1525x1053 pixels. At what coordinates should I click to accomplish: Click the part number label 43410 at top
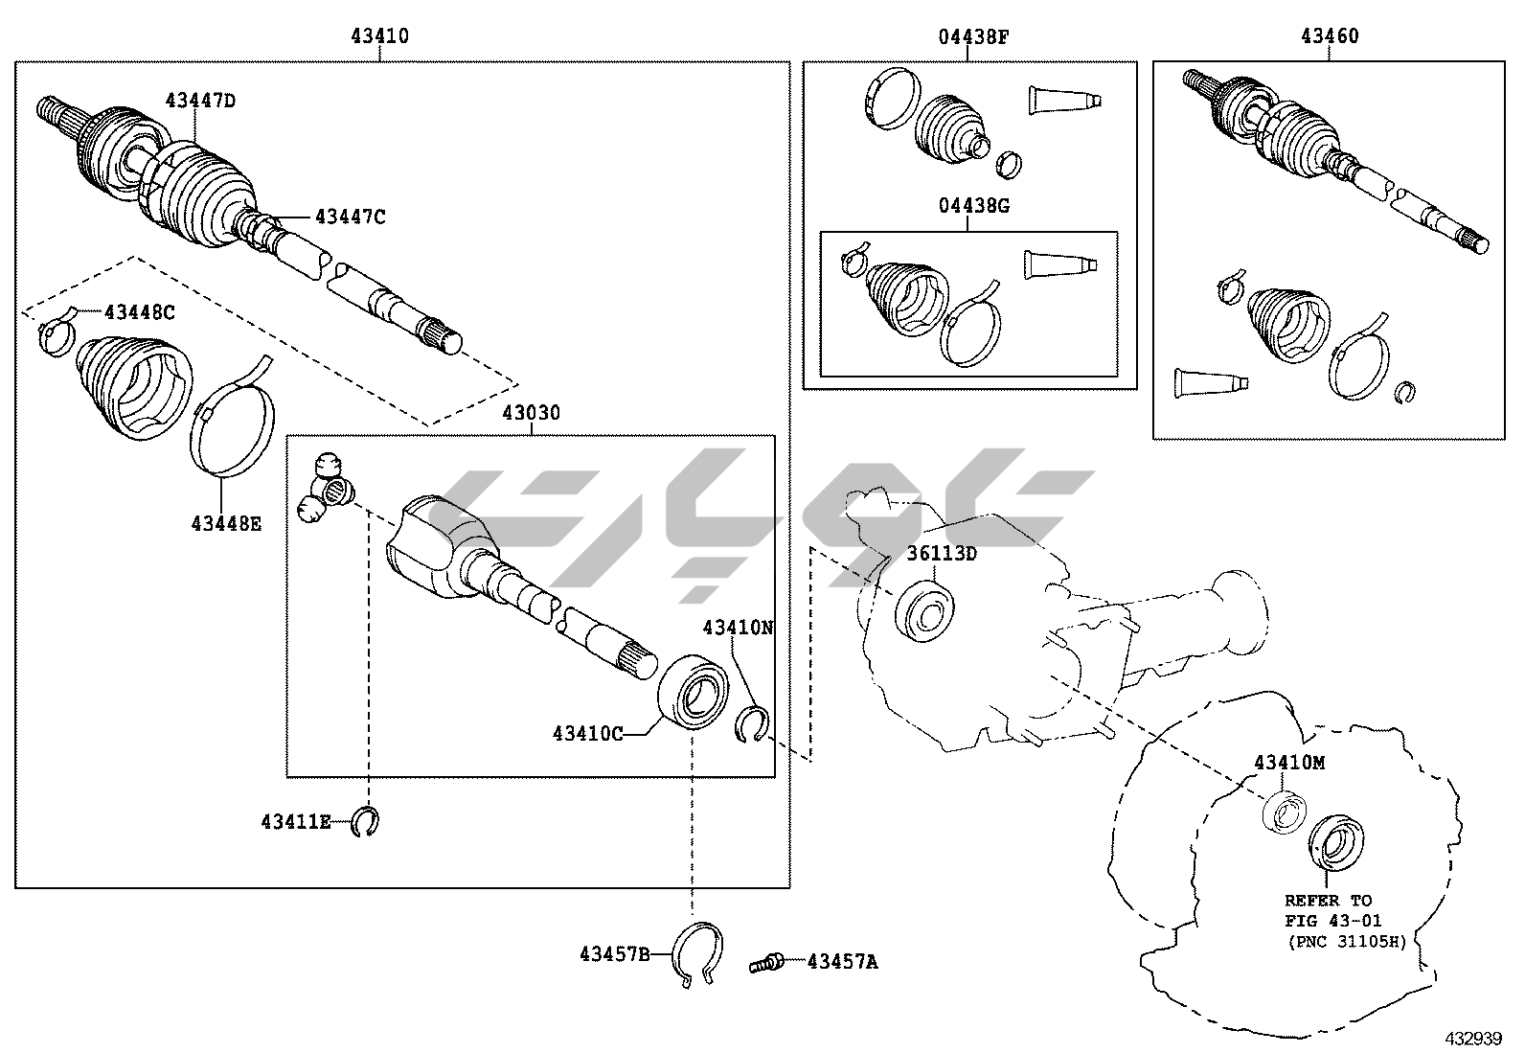379,36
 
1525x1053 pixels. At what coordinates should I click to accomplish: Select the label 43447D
199,100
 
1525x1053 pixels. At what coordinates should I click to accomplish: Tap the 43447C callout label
350,217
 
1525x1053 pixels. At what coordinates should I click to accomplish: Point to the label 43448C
139,311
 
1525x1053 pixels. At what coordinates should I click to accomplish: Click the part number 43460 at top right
1330,36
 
